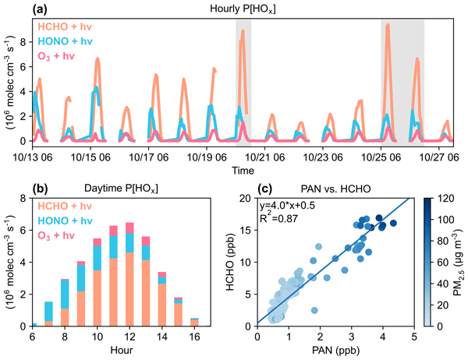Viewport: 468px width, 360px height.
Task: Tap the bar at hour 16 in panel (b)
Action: coord(193,321)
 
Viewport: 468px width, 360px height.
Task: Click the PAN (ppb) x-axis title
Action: coord(335,351)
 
